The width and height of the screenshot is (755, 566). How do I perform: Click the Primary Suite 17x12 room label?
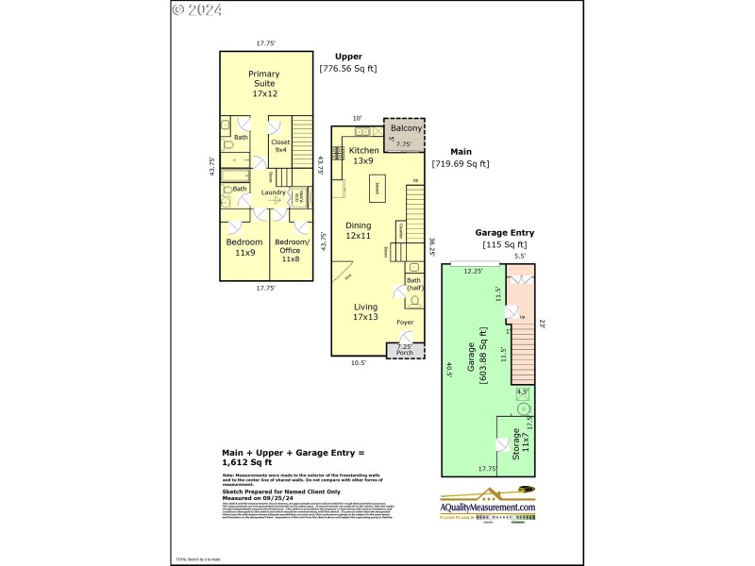tap(263, 84)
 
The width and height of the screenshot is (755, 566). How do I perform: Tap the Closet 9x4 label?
tap(280, 146)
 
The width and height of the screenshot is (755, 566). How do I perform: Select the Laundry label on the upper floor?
tap(274, 193)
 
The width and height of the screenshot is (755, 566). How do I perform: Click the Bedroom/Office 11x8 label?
tap(291, 247)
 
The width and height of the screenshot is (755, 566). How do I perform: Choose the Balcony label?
tap(406, 128)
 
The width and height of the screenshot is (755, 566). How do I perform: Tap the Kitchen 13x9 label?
tap(364, 156)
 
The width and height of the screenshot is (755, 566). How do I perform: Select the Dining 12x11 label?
tap(358, 231)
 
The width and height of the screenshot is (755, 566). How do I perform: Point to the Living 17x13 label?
tap(364, 312)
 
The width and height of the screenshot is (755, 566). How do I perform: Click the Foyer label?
tap(404, 323)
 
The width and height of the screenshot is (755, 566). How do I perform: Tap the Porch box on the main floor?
tap(405, 351)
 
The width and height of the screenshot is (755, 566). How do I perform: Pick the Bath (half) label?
tap(413, 284)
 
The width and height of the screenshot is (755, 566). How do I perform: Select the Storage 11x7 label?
tap(519, 444)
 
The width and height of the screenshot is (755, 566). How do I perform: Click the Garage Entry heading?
tap(504, 233)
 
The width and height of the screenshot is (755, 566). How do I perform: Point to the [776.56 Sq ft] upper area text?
tap(347, 69)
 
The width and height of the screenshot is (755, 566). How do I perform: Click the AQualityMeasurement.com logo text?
tap(488, 508)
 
